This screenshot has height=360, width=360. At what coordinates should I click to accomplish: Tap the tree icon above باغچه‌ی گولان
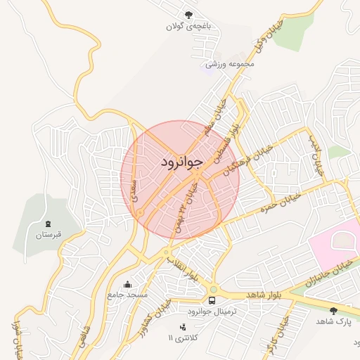coord(188,15)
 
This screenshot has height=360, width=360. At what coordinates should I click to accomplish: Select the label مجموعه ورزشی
coord(230,64)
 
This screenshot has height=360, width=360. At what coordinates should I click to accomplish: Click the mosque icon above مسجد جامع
coord(127,285)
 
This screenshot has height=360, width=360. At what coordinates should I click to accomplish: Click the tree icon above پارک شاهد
coord(333,310)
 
